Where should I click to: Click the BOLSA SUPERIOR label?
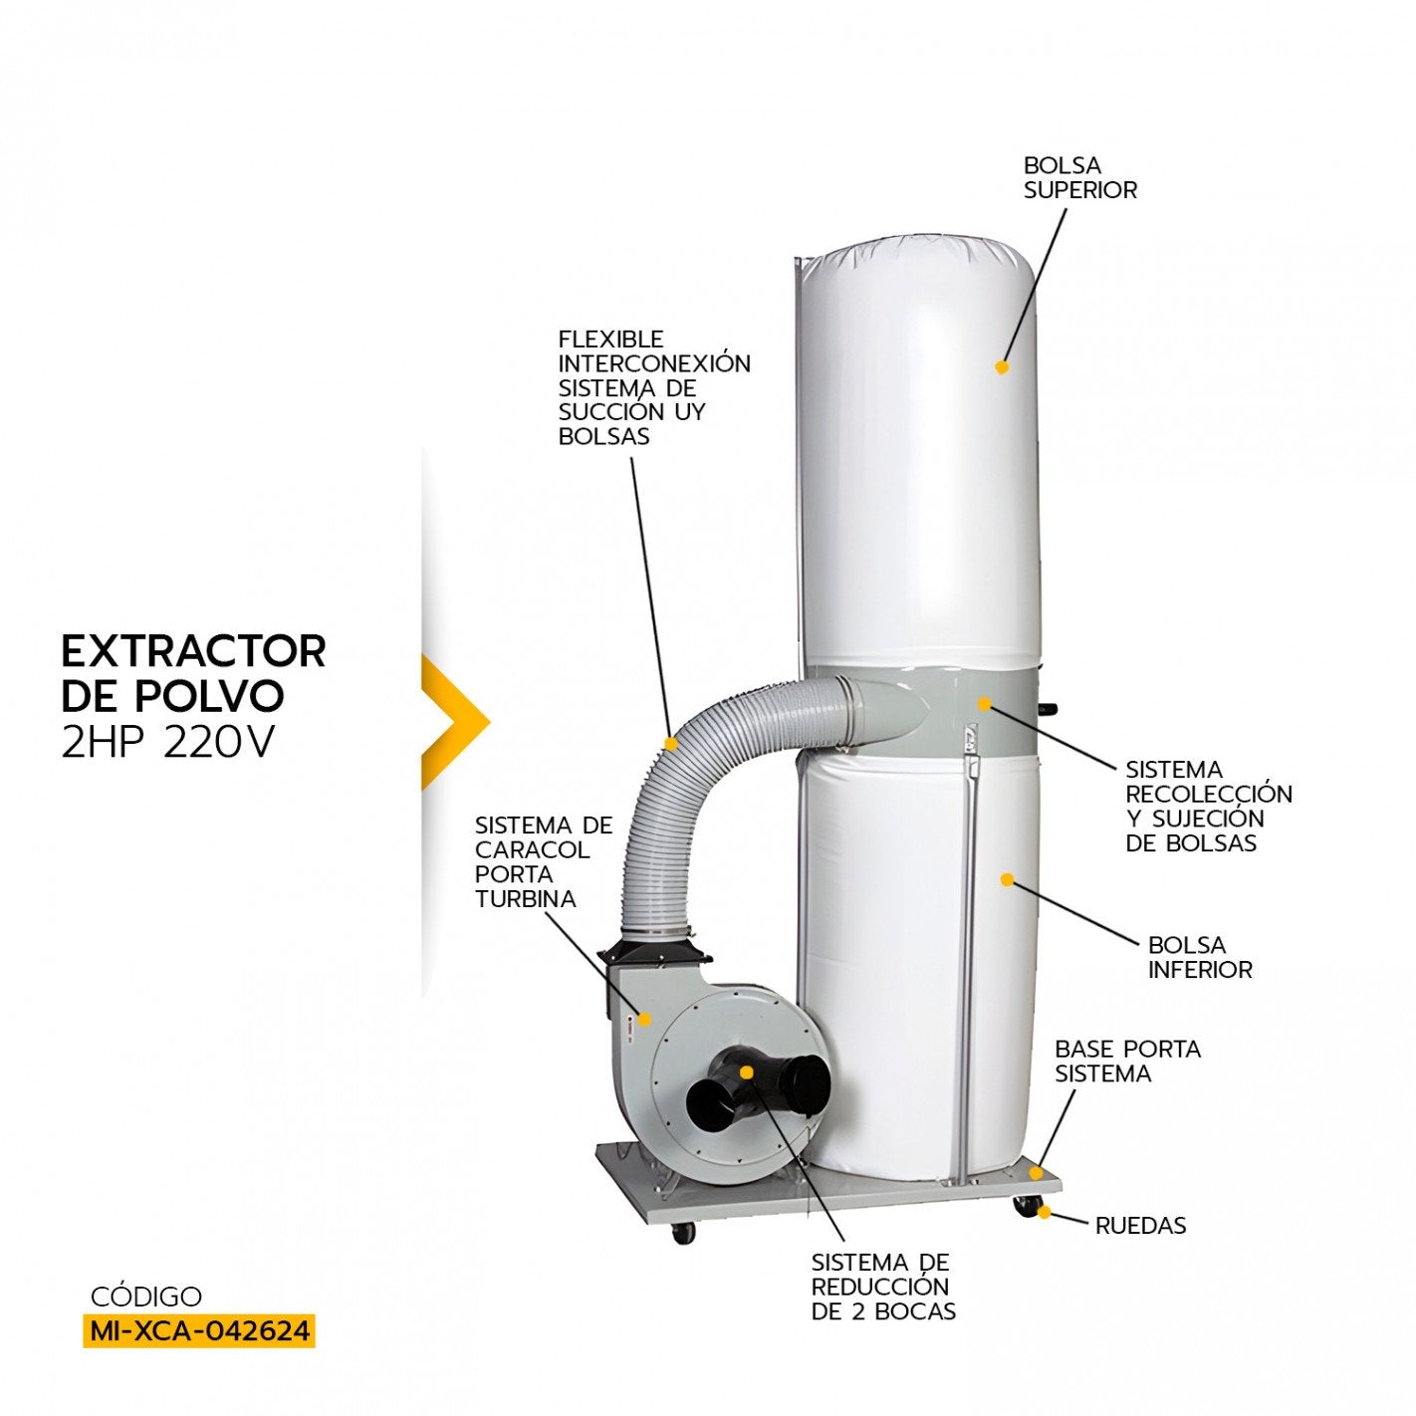(1079, 178)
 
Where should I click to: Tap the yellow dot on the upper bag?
(1002, 367)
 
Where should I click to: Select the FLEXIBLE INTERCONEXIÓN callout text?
(654, 387)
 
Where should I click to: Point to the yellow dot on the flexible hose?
(672, 743)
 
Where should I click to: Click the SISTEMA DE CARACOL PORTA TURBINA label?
(543, 862)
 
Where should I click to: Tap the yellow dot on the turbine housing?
(645, 1019)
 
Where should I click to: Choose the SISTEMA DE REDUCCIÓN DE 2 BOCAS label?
(883, 1287)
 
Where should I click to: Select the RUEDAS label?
(1140, 1226)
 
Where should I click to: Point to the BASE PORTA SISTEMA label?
(1127, 1062)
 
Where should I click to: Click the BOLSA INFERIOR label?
(1200, 957)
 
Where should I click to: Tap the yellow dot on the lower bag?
(1007, 879)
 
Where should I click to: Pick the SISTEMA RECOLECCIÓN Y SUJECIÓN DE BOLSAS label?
(1208, 807)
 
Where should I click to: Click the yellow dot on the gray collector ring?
(984, 704)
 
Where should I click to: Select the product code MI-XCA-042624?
(198, 1330)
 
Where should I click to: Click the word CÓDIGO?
(145, 1297)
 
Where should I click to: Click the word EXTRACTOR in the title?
(193, 651)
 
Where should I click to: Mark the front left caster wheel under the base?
(683, 1233)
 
